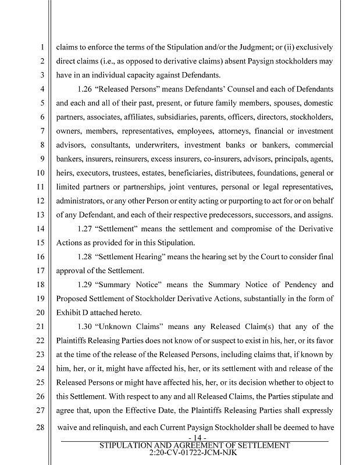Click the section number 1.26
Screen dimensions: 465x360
(85, 90)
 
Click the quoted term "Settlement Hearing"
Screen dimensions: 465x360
(131, 257)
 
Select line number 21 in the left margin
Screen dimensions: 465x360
(40, 327)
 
